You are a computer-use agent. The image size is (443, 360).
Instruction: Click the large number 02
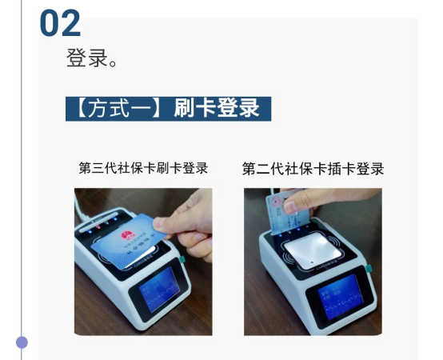[60, 24]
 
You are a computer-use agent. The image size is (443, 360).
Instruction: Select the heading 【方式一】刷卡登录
[168, 108]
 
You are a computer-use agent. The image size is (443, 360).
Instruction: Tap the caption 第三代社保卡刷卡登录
[143, 169]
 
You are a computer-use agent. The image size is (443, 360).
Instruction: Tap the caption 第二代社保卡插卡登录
[313, 169]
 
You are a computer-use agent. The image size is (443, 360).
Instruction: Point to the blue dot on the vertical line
[22, 342]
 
